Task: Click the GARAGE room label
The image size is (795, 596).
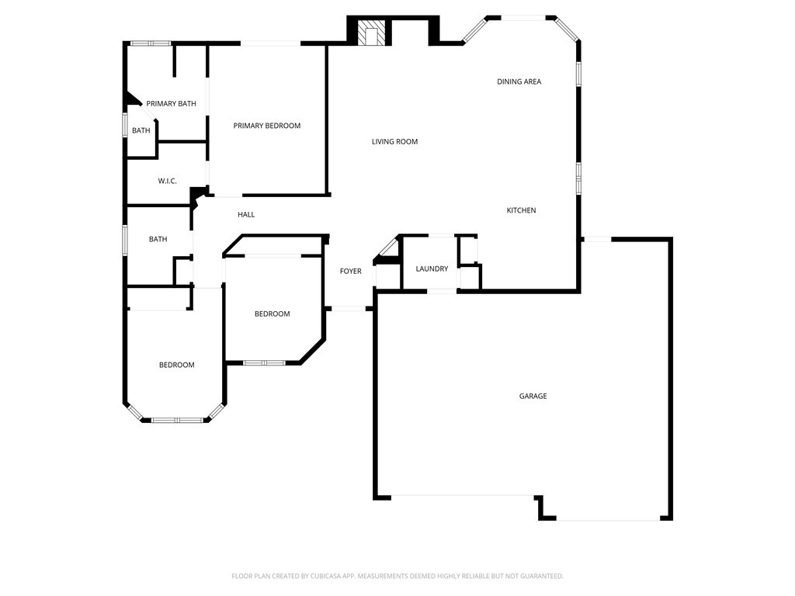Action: click(x=533, y=396)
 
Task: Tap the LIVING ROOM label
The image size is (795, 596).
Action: click(x=394, y=141)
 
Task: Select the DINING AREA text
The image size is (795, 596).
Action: click(x=519, y=81)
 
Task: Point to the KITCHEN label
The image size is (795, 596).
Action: click(x=521, y=210)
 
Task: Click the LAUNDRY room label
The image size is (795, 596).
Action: click(x=432, y=269)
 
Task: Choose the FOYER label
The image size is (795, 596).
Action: click(x=350, y=271)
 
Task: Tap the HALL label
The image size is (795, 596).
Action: click(x=246, y=214)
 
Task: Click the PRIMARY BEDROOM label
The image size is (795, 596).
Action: click(x=266, y=126)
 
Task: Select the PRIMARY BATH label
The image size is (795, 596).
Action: click(x=171, y=103)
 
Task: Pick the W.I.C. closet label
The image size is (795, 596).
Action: click(x=167, y=181)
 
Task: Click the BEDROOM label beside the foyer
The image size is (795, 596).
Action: click(x=272, y=314)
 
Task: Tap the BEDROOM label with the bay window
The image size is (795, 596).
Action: click(x=176, y=365)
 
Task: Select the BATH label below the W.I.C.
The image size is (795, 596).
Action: click(x=158, y=239)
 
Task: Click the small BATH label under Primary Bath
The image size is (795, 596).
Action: click(x=141, y=130)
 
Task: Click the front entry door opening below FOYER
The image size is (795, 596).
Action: click(x=349, y=309)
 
